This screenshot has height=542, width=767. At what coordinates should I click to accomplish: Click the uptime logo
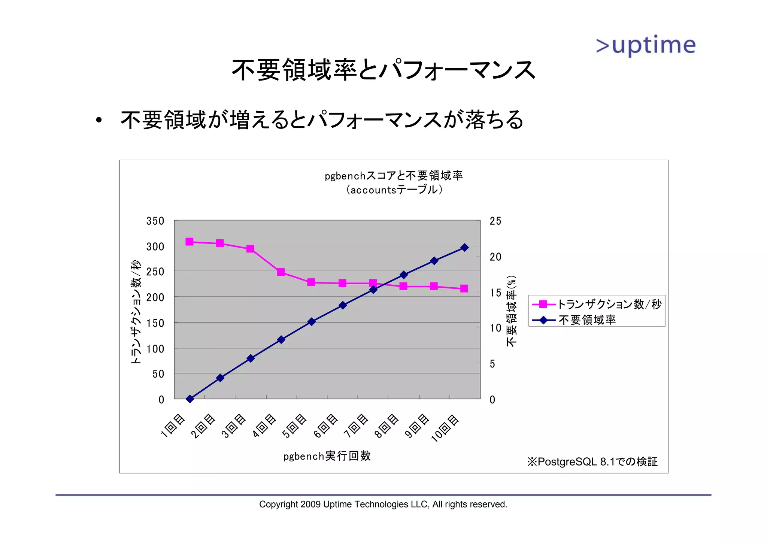[x=646, y=46]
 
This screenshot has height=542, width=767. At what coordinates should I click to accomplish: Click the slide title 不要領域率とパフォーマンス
[x=383, y=70]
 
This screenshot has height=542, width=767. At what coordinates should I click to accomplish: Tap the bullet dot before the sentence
[x=98, y=121]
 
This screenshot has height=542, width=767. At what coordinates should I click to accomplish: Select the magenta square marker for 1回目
[x=190, y=242]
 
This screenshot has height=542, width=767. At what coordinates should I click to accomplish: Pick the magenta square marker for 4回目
[x=281, y=272]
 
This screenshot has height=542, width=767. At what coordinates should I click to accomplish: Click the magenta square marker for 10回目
[x=464, y=288]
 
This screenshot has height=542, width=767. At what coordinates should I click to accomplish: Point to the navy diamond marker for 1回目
[x=190, y=399]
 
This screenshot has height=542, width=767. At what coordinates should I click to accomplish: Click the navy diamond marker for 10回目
[x=464, y=248]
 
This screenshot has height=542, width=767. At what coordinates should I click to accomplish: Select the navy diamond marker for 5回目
[x=312, y=321]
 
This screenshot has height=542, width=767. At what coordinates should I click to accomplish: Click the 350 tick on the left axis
[x=155, y=221]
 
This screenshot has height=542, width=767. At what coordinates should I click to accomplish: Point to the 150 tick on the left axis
[x=155, y=323]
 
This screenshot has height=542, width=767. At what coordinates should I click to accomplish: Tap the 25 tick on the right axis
[x=495, y=221]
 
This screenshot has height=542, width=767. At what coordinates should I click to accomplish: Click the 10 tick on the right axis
[x=495, y=328]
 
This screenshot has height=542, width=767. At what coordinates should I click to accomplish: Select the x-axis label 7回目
[x=357, y=426]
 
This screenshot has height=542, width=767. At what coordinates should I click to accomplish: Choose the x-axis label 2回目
[x=203, y=426]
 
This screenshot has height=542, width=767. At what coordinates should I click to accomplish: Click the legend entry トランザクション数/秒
[x=609, y=304]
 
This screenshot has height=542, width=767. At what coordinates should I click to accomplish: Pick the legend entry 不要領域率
[x=587, y=320]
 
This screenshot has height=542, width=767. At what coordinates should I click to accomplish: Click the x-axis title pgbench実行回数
[x=327, y=456]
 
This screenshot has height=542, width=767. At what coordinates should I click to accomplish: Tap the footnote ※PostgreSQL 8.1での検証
[x=592, y=461]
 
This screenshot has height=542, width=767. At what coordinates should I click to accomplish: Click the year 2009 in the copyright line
[x=310, y=504]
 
